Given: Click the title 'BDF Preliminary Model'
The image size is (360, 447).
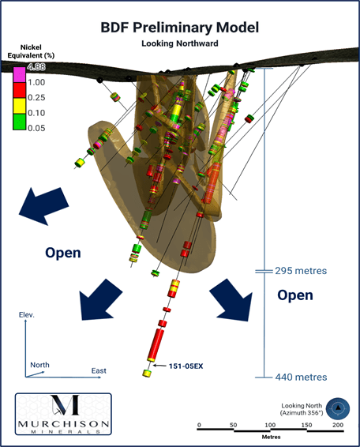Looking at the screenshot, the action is tap(180, 28).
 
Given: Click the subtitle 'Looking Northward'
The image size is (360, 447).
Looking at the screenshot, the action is tap(180, 43).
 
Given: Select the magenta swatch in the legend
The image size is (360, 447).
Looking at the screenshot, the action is tap(20, 75).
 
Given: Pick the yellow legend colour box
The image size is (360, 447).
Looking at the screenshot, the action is tap(20, 106).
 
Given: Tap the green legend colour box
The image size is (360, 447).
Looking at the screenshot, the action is tap(20, 122).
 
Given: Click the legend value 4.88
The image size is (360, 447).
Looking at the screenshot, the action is tap(36, 67).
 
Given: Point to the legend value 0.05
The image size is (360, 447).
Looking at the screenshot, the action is tap(36, 128).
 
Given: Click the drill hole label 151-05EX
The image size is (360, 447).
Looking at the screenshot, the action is tap(186, 366).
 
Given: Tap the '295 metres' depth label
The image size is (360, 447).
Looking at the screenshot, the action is tap(301, 271).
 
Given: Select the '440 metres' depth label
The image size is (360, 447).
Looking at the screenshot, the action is tap(301, 378).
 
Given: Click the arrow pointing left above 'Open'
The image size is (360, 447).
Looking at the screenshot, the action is tap(44, 205).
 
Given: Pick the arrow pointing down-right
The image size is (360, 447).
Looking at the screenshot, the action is tap(232, 300).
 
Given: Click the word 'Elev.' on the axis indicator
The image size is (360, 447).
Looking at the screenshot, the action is tap(27, 315).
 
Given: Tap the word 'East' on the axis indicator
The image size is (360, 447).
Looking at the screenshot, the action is tap(99, 371).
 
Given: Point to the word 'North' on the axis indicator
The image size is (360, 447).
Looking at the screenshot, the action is tap(39, 365).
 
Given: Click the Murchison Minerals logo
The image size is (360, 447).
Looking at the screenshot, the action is tap(63, 414).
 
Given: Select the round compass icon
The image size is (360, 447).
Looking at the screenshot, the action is tap(338, 408).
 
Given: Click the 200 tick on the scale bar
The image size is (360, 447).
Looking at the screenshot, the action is tap(338, 425).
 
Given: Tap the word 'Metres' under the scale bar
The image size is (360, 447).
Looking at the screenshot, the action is tap(271, 437).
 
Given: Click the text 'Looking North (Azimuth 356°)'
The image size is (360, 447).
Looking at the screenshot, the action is tap(302, 409).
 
